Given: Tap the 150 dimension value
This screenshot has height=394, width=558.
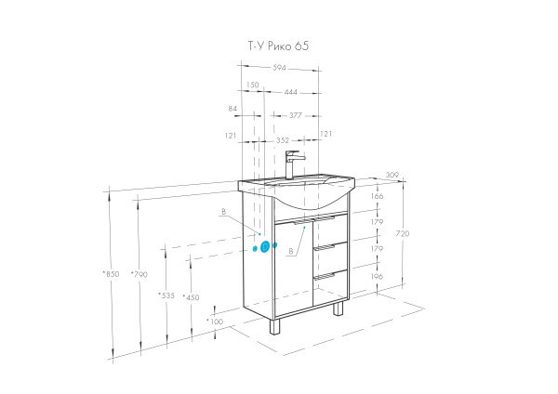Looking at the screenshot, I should pos(252,85).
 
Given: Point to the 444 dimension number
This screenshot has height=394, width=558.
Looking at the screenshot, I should pos(291,92).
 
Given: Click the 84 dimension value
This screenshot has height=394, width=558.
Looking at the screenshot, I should pos(232,109).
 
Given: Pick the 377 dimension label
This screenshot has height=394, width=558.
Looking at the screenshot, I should pos(296,116).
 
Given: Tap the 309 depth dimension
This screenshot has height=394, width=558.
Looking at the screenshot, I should pos(392,175).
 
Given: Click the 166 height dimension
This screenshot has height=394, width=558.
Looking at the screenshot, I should pos(377,196).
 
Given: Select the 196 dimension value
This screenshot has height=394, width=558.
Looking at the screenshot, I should pos(377,277).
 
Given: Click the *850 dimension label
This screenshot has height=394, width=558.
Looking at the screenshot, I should pos(111,274).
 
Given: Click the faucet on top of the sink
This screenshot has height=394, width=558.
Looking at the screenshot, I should pos(294,164).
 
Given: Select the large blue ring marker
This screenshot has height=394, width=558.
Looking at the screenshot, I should pos(264,246).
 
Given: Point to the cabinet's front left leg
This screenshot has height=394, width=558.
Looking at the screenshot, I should pos(274,326).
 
